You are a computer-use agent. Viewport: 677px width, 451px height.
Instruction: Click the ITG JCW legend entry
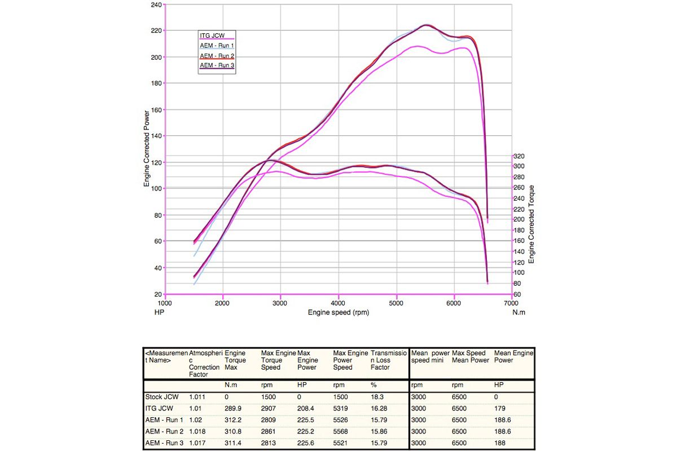point(212,36)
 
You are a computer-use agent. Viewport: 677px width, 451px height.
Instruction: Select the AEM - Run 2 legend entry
point(217,56)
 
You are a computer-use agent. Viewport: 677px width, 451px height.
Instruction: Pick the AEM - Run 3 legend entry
point(217,65)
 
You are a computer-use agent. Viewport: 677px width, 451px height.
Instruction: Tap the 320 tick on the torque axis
point(518,156)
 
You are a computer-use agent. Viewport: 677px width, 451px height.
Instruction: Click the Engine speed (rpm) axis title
point(338,312)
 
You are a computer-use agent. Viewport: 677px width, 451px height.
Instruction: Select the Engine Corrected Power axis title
point(147,148)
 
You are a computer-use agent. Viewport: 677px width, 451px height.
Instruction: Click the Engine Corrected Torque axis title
point(531,224)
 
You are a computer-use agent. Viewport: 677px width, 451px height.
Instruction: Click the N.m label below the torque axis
point(518,312)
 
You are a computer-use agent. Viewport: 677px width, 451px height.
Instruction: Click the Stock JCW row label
point(162,396)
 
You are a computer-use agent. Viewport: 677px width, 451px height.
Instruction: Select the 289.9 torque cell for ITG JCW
point(234,408)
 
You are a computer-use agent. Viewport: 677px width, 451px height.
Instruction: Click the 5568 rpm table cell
point(342,431)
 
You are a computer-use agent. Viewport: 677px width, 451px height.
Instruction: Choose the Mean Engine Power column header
point(513,356)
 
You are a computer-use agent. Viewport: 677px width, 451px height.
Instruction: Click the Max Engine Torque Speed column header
point(278,360)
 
